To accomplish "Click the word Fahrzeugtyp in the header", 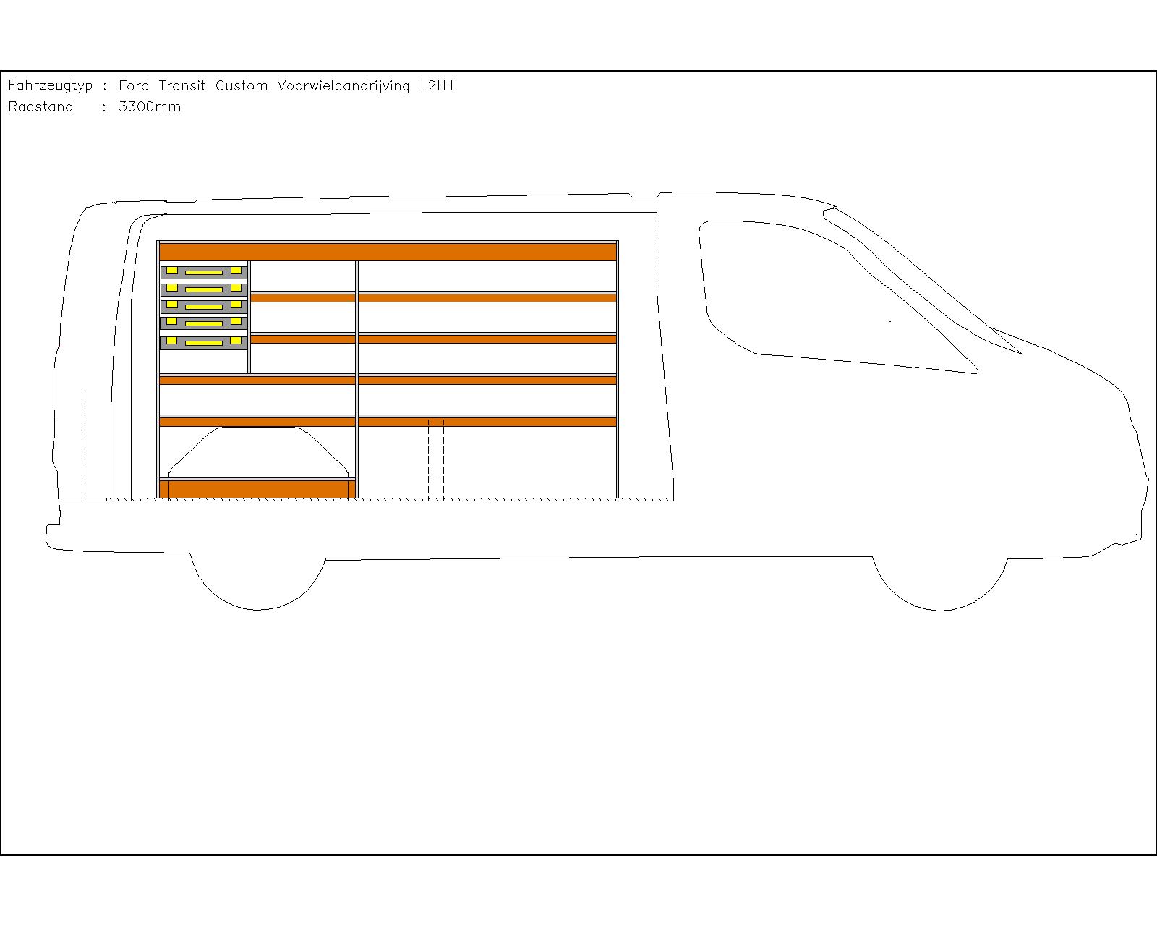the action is [x=51, y=86].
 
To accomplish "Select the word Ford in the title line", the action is [x=134, y=85].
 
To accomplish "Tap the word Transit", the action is [x=182, y=85].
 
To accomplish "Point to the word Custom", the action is [x=242, y=85].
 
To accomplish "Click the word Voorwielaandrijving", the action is [x=343, y=86].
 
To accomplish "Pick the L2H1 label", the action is [x=437, y=85].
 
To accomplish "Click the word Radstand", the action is [x=41, y=106].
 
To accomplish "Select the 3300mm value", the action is [x=150, y=106].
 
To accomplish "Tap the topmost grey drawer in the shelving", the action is [x=204, y=272].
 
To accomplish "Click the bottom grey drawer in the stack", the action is [x=204, y=343].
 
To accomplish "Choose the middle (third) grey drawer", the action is [x=204, y=306].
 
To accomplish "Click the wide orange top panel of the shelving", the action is [x=388, y=252].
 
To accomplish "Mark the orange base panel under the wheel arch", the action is [x=257, y=489].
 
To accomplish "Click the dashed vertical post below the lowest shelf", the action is [x=436, y=459].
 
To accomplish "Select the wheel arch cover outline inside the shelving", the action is [x=259, y=428].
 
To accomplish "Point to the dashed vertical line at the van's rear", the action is [x=85, y=445].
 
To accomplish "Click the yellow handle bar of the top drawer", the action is [x=204, y=273].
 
